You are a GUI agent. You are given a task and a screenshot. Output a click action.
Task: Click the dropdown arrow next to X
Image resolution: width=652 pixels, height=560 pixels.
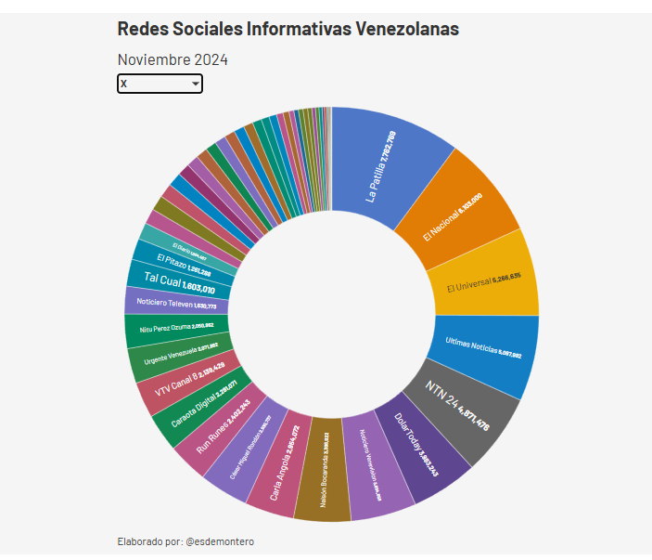pos(195,85)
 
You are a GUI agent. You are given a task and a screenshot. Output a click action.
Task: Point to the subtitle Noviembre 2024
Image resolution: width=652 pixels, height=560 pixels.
pos(173,59)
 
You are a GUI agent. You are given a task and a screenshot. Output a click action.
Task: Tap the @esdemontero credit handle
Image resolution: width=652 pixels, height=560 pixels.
pos(220,541)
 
